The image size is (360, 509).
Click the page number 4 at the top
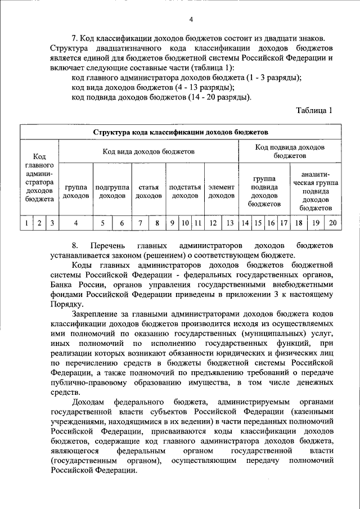pyautogui.click(x=191, y=20)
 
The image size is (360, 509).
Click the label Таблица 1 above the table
pyautogui.click(x=314, y=110)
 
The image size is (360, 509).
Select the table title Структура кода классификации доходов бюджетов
pyautogui.click(x=181, y=132)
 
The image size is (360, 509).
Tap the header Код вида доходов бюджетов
pyautogui.click(x=148, y=151)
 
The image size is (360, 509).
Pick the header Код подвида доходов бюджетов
pyautogui.click(x=290, y=151)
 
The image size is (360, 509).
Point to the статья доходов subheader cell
pyautogui.click(x=148, y=191)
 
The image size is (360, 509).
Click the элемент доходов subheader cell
pyautogui.click(x=221, y=191)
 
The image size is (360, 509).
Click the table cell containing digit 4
pyautogui.click(x=76, y=223)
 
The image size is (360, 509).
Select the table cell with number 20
pyautogui.click(x=332, y=223)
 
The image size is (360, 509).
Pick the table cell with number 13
pyautogui.click(x=230, y=223)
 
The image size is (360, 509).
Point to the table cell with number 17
pyautogui.click(x=284, y=223)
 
